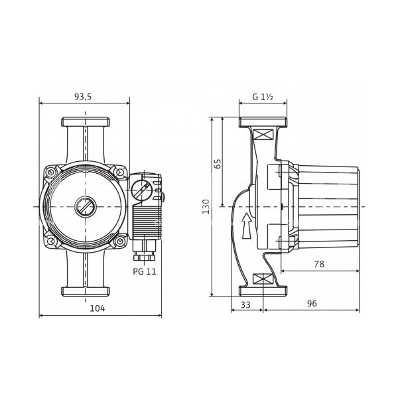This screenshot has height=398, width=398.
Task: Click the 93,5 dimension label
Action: coord(83,97)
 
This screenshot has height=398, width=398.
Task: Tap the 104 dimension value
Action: coord(98,308)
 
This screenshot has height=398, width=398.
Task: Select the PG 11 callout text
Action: coord(145,271)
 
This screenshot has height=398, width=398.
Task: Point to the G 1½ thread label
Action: coord(263,97)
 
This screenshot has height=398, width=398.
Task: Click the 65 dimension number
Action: coord(218,164)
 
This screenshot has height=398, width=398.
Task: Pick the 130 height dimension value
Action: coord(206,206)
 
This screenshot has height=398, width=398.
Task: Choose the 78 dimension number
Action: coord(319,264)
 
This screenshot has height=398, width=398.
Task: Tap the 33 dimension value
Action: coord(245,304)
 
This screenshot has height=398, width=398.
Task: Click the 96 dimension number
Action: coord(312,303)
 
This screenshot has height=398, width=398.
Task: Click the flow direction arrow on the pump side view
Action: coord(247,226)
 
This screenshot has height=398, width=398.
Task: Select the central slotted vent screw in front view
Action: coord(85,206)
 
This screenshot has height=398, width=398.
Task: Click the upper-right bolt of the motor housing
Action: coord(119,172)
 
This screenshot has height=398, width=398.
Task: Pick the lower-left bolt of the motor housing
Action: coord(51,241)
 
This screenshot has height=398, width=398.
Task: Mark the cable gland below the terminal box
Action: coord(144,250)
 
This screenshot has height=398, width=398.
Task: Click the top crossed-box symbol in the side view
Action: coord(263,134)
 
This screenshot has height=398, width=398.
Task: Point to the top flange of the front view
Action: coord(86,122)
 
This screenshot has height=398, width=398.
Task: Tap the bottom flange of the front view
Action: coord(86,291)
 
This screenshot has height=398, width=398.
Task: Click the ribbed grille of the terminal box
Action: coord(147,220)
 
